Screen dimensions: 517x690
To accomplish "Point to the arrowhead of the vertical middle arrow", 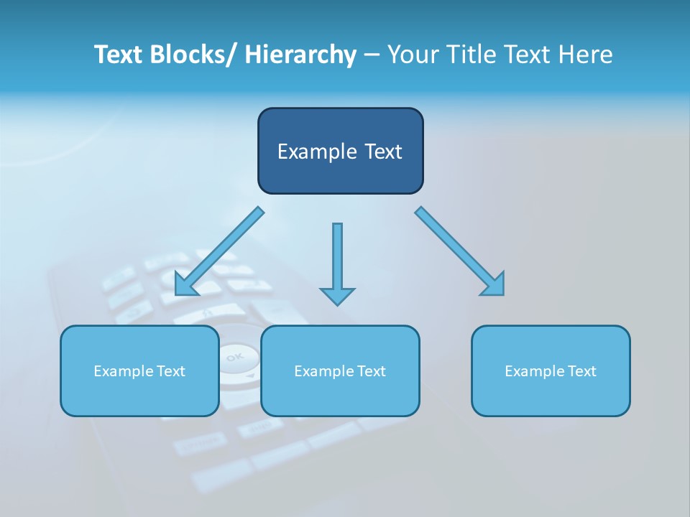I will pyautogui.click(x=337, y=296).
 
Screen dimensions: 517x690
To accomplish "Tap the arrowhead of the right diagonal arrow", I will pyautogui.click(x=495, y=287).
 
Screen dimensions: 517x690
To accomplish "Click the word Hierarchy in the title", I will pyautogui.click(x=300, y=55).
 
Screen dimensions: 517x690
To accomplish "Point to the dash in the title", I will pyautogui.click(x=372, y=55).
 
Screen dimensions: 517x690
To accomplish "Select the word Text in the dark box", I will pyautogui.click(x=382, y=152).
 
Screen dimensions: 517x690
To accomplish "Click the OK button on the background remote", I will pyautogui.click(x=234, y=357).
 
